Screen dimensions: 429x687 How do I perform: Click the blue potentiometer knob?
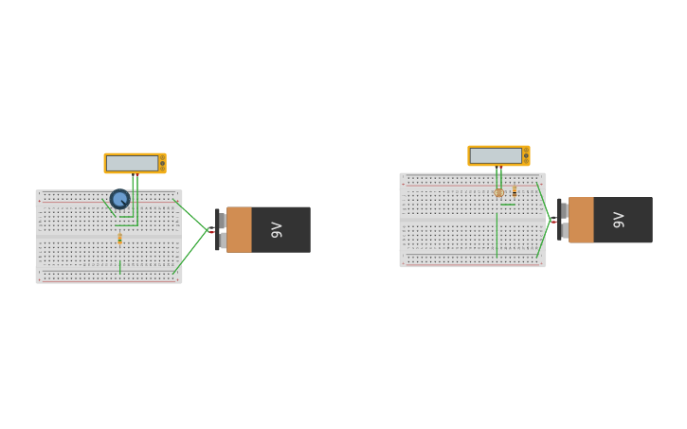pyautogui.click(x=119, y=199)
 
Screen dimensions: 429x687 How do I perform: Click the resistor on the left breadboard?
pyautogui.click(x=119, y=239)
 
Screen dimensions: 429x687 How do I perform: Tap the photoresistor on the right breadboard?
pyautogui.click(x=499, y=192)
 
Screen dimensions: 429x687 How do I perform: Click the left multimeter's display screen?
pyautogui.click(x=132, y=163)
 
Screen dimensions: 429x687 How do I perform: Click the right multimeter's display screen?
pyautogui.click(x=496, y=155)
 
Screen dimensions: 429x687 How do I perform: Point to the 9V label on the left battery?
pyautogui.click(x=277, y=229)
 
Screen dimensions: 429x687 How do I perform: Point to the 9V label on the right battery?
pyautogui.click(x=619, y=220)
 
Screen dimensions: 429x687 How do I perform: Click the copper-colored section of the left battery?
pyautogui.click(x=239, y=229)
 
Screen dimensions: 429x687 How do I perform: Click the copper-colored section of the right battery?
pyautogui.click(x=581, y=220)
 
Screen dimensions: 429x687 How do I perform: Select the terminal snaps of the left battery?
pyautogui.click(x=222, y=230)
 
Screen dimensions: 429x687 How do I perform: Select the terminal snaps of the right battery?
pyautogui.click(x=564, y=220)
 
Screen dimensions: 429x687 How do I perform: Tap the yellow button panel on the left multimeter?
pyautogui.click(x=162, y=163)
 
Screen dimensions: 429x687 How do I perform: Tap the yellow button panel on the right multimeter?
pyautogui.click(x=526, y=155)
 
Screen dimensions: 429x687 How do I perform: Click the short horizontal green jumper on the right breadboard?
pyautogui.click(x=508, y=204)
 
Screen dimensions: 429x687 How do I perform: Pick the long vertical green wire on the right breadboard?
pyautogui.click(x=497, y=234)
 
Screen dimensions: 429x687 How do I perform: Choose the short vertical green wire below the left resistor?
pyautogui.click(x=119, y=267)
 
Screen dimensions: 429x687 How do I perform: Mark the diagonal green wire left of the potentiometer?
pyautogui.click(x=109, y=207)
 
